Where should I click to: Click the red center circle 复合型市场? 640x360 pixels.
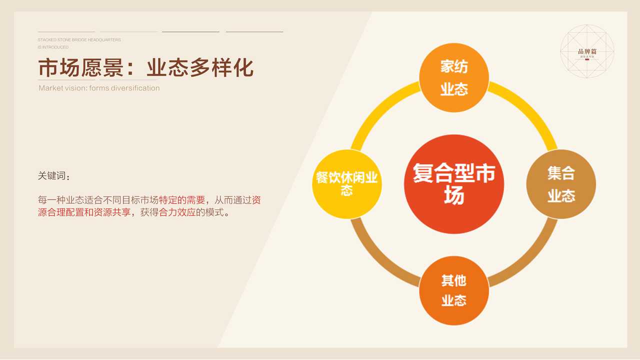tap(453, 184)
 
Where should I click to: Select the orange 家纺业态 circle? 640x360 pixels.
tap(453, 77)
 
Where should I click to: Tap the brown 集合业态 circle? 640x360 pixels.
tap(561, 184)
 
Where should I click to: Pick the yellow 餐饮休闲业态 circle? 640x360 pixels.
tap(347, 184)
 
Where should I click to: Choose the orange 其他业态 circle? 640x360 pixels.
tap(453, 290)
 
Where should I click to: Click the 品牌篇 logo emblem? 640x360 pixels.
tap(587, 51)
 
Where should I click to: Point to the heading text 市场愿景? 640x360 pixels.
tap(81, 68)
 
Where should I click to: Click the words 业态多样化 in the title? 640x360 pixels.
tap(200, 68)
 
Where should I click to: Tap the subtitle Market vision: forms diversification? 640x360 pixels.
tap(99, 88)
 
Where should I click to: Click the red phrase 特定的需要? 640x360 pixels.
tap(182, 200)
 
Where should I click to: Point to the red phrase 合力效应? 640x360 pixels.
tap(177, 212)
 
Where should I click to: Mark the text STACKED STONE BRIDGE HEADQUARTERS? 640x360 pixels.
tap(79, 39)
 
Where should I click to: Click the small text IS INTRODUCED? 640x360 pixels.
tap(53, 47)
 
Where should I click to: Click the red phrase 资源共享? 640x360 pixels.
tap(112, 212)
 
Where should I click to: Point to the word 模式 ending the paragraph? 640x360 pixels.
tap(214, 212)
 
